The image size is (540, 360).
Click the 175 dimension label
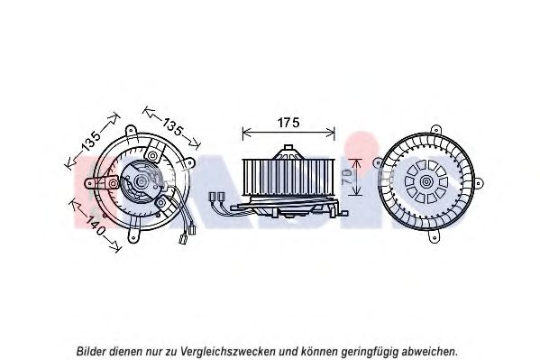(288, 123)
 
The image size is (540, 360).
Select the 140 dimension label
(95, 226)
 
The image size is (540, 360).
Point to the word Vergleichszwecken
(227, 352)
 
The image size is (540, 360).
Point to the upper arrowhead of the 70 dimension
(356, 162)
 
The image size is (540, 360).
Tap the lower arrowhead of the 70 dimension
(356, 192)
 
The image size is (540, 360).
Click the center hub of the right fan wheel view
(426, 181)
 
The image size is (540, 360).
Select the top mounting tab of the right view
(435, 130)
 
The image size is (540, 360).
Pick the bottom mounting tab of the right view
(434, 236)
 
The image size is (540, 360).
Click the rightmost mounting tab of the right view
(479, 183)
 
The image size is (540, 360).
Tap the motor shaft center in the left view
(142, 180)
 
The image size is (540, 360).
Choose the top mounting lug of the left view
(131, 132)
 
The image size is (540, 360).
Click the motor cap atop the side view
(288, 152)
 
